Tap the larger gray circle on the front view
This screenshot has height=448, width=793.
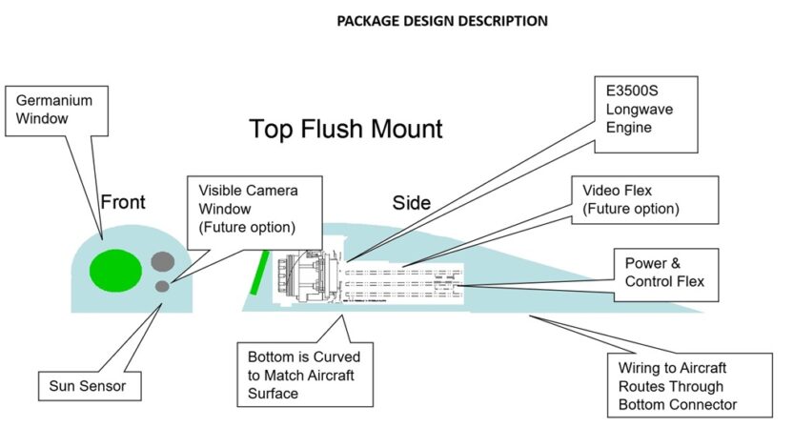pos(163,260)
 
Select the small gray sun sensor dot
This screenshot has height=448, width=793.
pos(162,285)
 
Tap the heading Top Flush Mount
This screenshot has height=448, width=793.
pos(345,128)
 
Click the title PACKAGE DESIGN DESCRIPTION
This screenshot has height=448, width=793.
pos(442,20)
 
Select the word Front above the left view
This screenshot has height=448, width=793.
pos(123,202)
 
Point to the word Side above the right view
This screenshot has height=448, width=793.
pos(412,202)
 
